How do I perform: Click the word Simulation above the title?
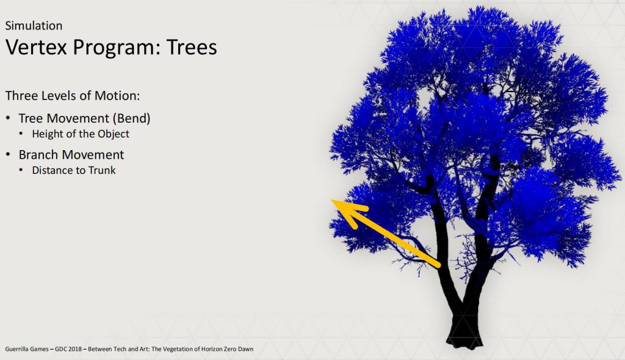click(34, 26)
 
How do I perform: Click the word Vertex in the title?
click(36, 47)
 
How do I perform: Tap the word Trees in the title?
click(192, 47)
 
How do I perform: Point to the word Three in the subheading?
click(21, 96)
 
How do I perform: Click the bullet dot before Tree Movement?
click(8, 118)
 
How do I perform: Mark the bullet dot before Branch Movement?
click(8, 154)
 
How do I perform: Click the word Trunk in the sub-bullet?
click(102, 170)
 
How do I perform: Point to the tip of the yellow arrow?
click(331, 200)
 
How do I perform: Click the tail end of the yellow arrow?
click(439, 265)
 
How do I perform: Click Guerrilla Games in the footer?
click(27, 349)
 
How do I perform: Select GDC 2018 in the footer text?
click(68, 349)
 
